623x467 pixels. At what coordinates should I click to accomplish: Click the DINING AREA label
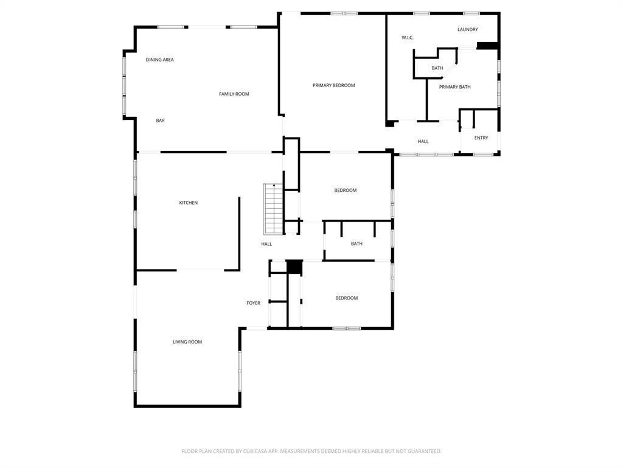point(159,60)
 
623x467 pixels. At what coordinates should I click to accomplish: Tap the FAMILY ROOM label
point(234,94)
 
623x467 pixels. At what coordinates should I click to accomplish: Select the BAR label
point(160,121)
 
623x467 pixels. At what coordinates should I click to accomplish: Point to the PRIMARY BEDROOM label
point(333,85)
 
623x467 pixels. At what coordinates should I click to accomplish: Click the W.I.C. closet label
point(407,38)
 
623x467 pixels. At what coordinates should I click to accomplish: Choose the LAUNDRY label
point(467,29)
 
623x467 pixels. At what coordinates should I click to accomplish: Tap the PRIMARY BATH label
point(454,87)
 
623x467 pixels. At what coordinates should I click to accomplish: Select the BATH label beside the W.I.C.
point(437,68)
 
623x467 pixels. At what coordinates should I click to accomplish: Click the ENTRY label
point(481,138)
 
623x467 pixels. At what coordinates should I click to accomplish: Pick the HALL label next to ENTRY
point(423,141)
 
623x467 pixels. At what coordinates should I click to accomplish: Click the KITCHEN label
point(188,203)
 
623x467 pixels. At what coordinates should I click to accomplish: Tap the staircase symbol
point(273,209)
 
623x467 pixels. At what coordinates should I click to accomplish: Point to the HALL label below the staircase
point(266,244)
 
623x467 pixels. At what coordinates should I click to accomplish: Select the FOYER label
point(253,303)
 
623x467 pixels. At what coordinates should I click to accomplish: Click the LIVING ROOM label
point(187,342)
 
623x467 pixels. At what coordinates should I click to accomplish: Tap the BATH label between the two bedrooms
point(357,244)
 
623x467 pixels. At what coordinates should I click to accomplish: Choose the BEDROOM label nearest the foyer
point(346,298)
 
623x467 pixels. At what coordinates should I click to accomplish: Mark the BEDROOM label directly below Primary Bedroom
point(345,191)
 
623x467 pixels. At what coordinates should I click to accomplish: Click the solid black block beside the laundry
point(487,45)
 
